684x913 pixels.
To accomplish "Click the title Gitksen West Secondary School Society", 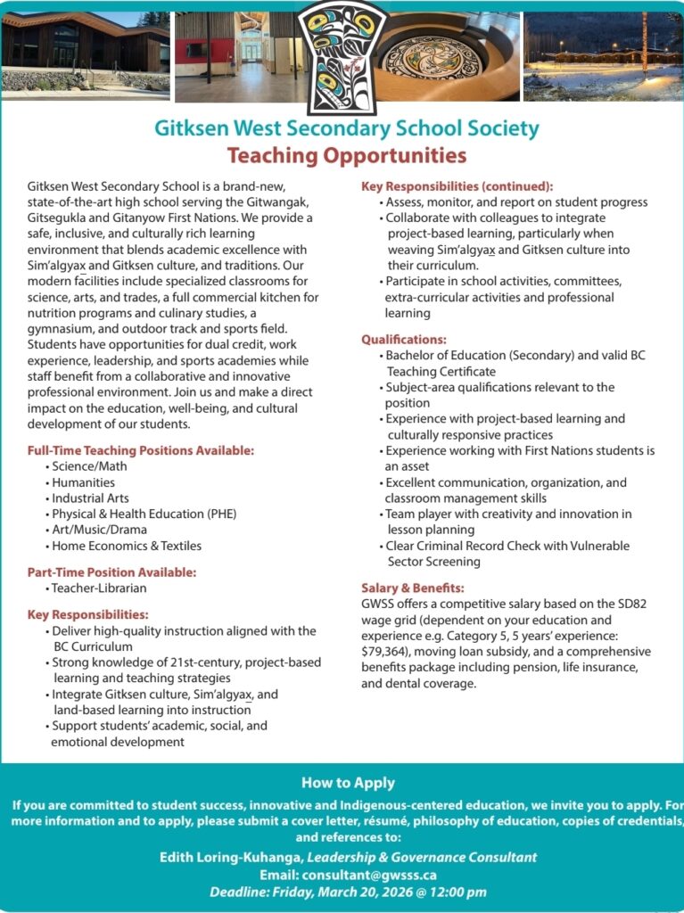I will click(x=347, y=127).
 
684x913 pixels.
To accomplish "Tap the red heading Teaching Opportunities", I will click(x=347, y=156).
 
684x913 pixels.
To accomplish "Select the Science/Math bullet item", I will click(x=89, y=466).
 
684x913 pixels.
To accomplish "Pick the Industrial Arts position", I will click(x=90, y=498).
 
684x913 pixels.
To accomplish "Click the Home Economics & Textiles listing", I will click(x=127, y=546).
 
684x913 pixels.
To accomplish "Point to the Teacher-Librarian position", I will click(x=99, y=588).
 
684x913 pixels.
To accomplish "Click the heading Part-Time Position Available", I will click(x=111, y=572).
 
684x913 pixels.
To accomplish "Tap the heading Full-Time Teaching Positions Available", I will click(x=141, y=450).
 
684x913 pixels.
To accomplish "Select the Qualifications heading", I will click(x=404, y=340).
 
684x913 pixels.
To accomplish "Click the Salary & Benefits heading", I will click(x=413, y=588).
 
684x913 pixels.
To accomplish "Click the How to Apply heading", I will click(x=348, y=783).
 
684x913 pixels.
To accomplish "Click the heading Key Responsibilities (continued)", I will click(x=457, y=186).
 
